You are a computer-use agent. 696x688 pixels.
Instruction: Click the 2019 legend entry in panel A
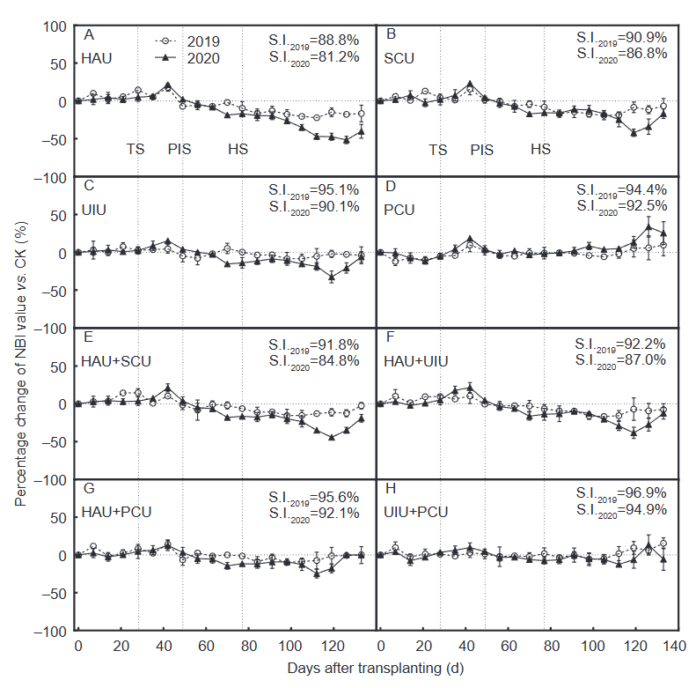pyautogui.click(x=188, y=41)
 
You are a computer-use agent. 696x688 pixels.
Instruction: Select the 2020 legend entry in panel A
pyautogui.click(x=188, y=58)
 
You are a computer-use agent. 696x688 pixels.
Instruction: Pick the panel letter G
pyautogui.click(x=88, y=488)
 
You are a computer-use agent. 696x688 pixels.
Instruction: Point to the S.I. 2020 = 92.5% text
pyautogui.click(x=620, y=205)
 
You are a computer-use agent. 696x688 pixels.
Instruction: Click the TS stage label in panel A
pyautogui.click(x=136, y=149)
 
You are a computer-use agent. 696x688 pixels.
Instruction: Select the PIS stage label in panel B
pyautogui.click(x=482, y=149)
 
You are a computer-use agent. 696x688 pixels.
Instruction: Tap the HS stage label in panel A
pyautogui.click(x=238, y=149)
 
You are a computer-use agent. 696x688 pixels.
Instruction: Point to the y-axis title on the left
pyautogui.click(x=19, y=328)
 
